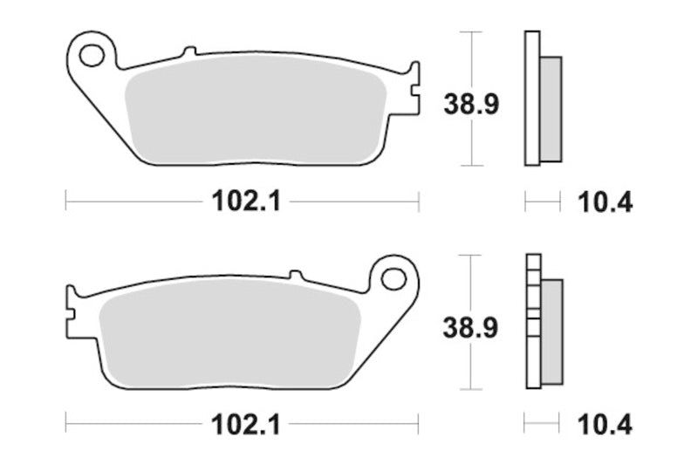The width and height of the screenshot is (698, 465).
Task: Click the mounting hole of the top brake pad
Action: [x=90, y=56]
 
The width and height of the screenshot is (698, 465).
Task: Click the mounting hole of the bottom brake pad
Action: [x=394, y=279]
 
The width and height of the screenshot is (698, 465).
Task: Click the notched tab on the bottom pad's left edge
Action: [x=71, y=304]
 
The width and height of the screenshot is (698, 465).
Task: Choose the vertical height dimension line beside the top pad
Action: [x=471, y=52]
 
